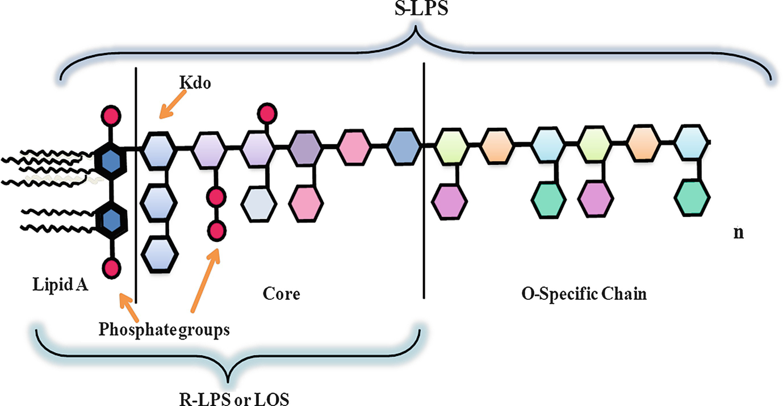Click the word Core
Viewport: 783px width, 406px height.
point(281,295)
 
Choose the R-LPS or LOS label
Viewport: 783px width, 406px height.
point(233,397)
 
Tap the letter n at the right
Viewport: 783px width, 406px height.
point(739,233)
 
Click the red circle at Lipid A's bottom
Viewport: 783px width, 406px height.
point(112,266)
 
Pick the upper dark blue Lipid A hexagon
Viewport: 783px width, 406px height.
point(112,161)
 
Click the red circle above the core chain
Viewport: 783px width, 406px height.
point(265,112)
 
